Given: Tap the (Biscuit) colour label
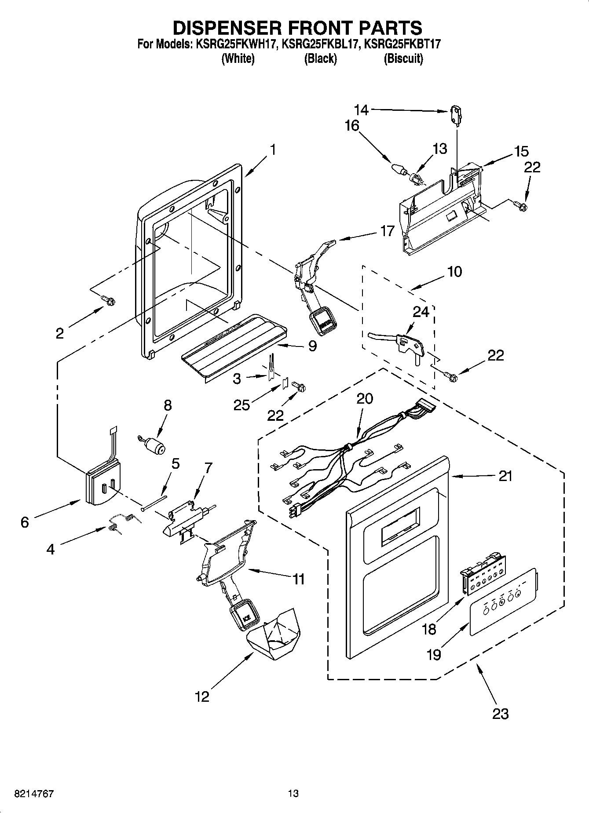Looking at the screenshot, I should point(403,58).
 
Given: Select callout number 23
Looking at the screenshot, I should point(500,713).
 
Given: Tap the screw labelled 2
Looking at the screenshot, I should point(109,300).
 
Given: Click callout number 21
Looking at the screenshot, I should point(505,476).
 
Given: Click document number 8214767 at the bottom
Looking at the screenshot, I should point(28,794).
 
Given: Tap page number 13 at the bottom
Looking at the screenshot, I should point(293,794).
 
